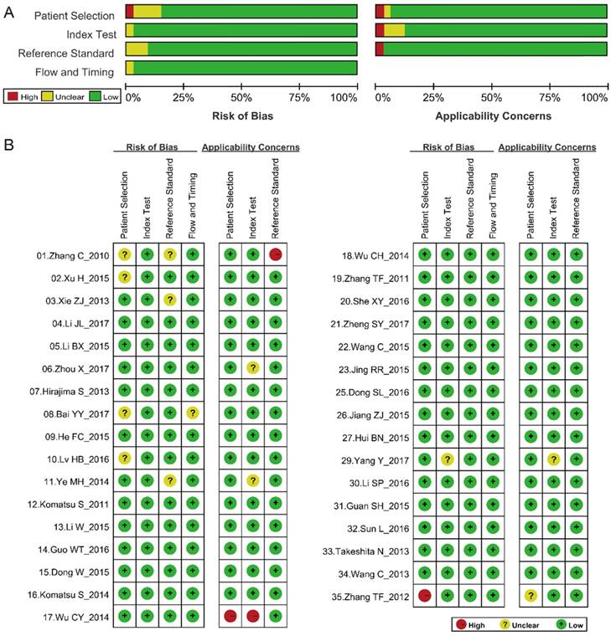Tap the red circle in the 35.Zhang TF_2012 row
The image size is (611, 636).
pyautogui.click(x=426, y=595)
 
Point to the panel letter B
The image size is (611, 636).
pyautogui.click(x=8, y=146)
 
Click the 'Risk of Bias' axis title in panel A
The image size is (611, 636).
pyautogui.click(x=242, y=115)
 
